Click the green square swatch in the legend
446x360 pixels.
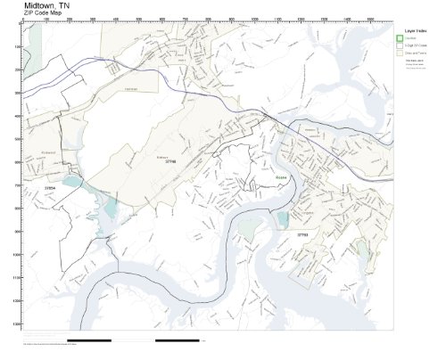coord(401,37)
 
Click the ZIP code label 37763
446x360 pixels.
coord(302,234)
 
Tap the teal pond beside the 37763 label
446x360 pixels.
coord(283,219)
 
